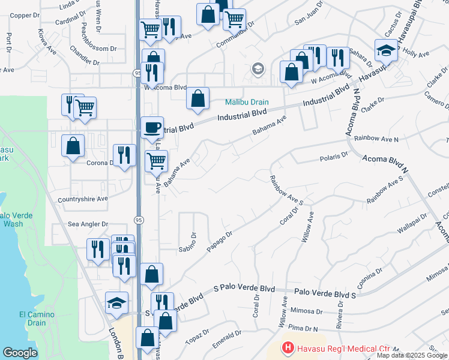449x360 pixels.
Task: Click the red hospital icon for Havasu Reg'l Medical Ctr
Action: pos(288,348)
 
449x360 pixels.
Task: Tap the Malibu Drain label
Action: pos(247,103)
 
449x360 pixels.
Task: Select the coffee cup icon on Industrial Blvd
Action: pos(151,127)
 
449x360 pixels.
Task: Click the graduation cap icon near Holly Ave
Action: pos(386,50)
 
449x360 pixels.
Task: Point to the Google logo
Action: pos(20,353)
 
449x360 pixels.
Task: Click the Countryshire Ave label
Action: pos(83,199)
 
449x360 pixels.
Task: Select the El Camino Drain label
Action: pos(37,319)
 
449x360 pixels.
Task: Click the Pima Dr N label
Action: pos(303,328)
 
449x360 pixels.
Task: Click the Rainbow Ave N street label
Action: pos(376,139)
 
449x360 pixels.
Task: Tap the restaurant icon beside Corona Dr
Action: pos(124,155)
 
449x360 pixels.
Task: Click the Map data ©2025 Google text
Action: pos(412,355)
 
